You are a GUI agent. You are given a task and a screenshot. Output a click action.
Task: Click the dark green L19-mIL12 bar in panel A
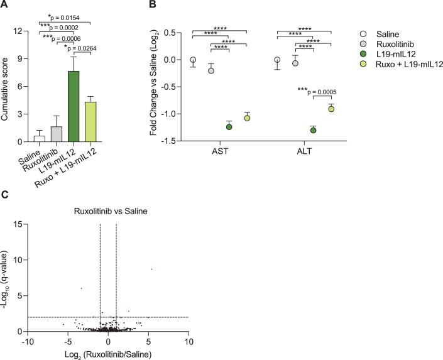[74, 107]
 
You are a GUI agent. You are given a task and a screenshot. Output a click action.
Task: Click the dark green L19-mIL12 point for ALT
[313, 130]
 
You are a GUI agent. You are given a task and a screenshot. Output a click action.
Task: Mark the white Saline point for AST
[193, 60]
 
